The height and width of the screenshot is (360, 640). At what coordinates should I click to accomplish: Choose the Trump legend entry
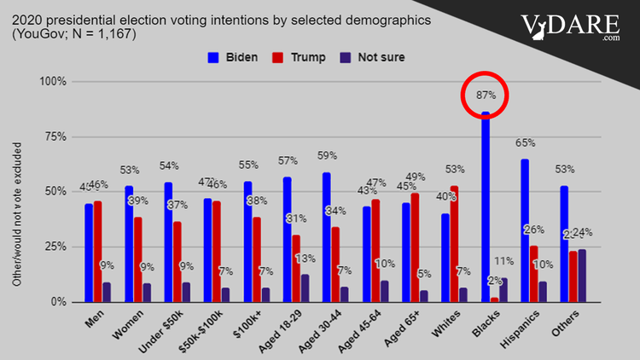[x=290, y=57]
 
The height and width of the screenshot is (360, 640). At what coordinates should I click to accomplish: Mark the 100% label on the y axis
[x=52, y=82]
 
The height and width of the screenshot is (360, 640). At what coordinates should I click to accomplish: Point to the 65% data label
[x=525, y=143]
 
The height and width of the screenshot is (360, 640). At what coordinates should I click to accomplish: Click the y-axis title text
[x=16, y=218]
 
